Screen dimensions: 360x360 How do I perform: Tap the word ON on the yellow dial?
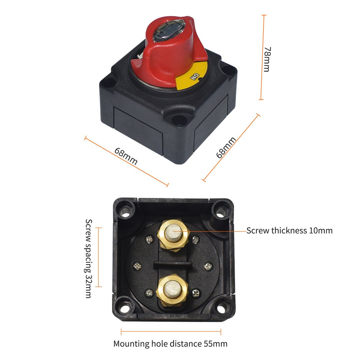point(195,76)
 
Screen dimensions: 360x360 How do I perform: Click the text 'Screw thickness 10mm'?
point(289,230)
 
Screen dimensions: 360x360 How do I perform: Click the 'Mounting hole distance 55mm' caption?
point(170,344)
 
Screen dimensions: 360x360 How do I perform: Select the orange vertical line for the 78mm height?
point(262,57)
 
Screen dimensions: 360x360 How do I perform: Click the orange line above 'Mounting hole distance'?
point(171,332)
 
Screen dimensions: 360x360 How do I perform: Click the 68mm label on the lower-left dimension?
point(126,156)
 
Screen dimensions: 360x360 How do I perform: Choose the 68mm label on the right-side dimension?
point(226,148)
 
